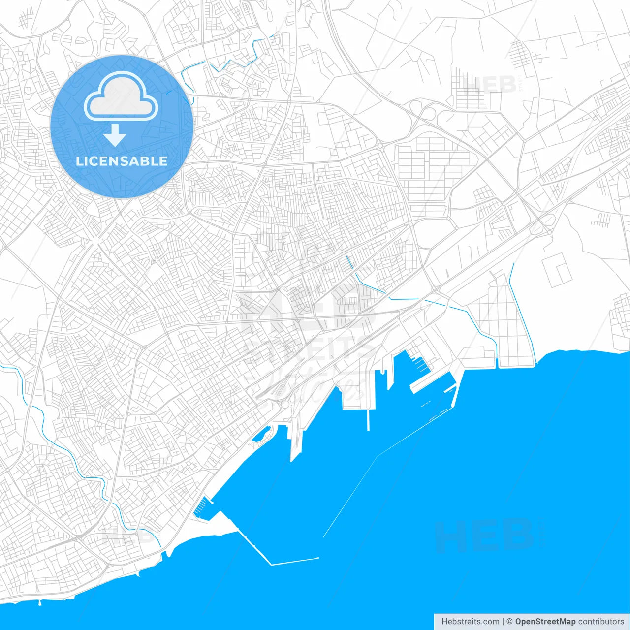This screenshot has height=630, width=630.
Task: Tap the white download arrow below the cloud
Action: coord(115,136)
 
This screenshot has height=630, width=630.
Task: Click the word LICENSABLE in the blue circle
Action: coord(122,161)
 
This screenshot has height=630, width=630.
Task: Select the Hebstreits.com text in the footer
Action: coord(471,622)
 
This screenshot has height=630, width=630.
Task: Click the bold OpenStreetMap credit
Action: coord(545,622)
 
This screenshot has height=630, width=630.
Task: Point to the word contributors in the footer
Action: coord(601,622)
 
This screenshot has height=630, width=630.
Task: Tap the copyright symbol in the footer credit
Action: coord(510,622)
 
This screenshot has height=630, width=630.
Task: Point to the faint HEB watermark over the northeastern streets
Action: coord(490,85)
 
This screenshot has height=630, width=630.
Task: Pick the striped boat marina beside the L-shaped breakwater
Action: coord(201,507)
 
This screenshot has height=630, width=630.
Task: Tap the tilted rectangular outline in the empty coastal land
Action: coord(557,270)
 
